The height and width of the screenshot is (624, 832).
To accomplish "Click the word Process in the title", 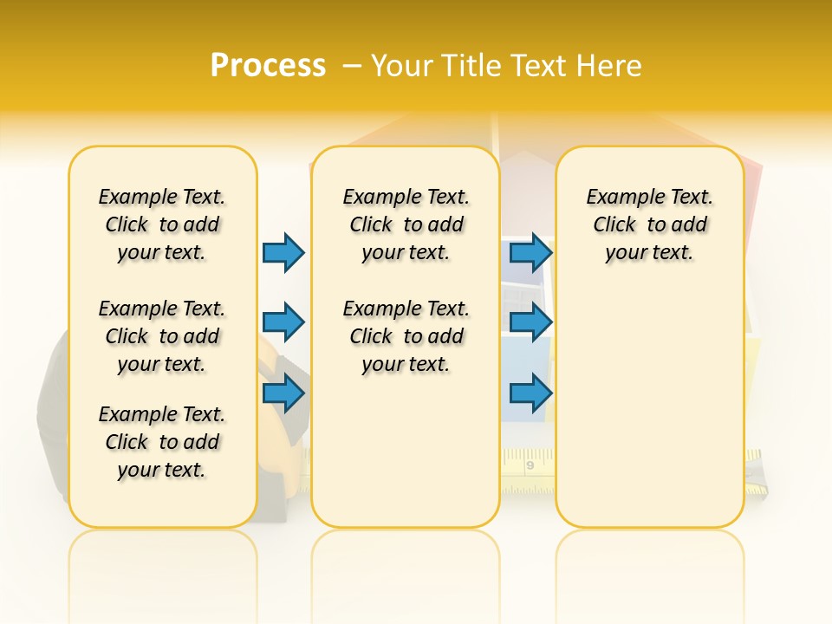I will pyautogui.click(x=268, y=65).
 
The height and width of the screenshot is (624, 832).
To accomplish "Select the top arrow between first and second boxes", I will pyautogui.click(x=283, y=252).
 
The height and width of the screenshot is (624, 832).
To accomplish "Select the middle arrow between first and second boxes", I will pyautogui.click(x=283, y=322).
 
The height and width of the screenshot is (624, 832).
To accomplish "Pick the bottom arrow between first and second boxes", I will pyautogui.click(x=283, y=393).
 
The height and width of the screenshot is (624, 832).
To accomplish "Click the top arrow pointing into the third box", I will pyautogui.click(x=530, y=252).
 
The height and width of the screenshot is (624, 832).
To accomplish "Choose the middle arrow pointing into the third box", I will pyautogui.click(x=530, y=322).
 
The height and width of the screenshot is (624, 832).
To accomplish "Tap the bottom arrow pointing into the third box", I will pyautogui.click(x=530, y=393).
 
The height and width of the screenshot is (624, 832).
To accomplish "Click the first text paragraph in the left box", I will pyautogui.click(x=162, y=224).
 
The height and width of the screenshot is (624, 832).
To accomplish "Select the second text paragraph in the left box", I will pyautogui.click(x=162, y=336).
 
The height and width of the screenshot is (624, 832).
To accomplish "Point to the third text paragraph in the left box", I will pyautogui.click(x=162, y=442).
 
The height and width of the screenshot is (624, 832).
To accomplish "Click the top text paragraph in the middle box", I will pyautogui.click(x=406, y=224).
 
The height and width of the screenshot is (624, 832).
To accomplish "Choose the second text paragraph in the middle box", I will pyautogui.click(x=406, y=336).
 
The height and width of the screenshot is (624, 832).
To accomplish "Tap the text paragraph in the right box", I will pyautogui.click(x=650, y=224).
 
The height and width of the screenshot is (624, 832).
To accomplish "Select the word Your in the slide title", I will pyautogui.click(x=402, y=65).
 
